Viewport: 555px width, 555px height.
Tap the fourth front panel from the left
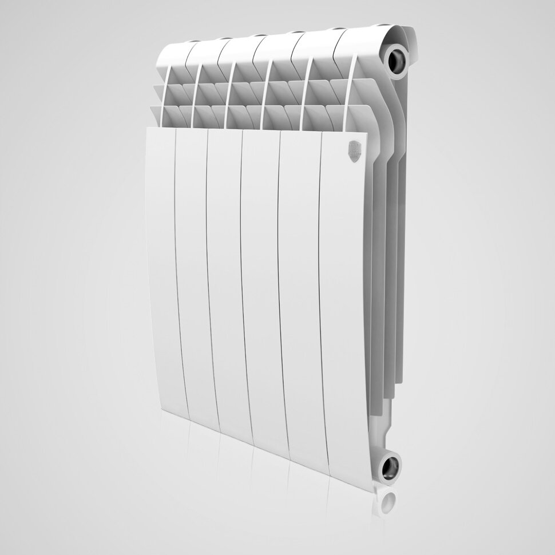[264, 292]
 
